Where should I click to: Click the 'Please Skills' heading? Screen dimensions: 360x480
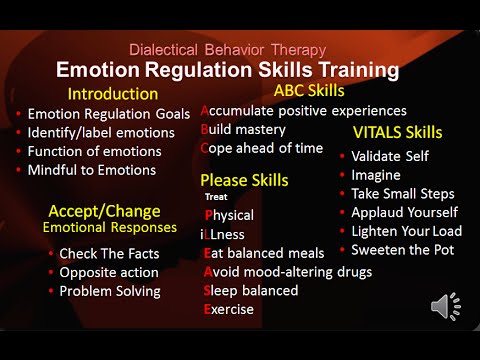[244, 180]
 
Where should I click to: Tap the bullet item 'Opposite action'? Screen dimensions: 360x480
[108, 272]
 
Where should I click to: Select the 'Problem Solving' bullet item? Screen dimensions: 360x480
[109, 291]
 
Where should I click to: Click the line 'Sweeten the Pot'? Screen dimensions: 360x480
[404, 249]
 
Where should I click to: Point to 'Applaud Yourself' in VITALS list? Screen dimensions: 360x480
[405, 212]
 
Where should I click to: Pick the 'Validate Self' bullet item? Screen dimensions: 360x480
[395, 155]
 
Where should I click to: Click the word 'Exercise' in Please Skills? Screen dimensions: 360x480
[229, 309]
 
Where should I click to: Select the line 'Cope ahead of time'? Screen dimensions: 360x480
[262, 148]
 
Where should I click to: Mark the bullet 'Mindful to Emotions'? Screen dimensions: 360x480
[91, 170]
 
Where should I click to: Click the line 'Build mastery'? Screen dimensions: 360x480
[243, 129]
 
